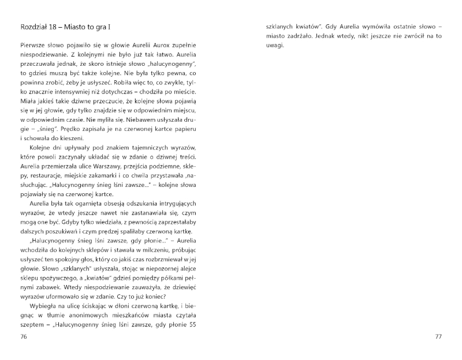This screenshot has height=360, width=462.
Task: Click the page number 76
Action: point(24,336)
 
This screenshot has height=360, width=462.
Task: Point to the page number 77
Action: point(438,336)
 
